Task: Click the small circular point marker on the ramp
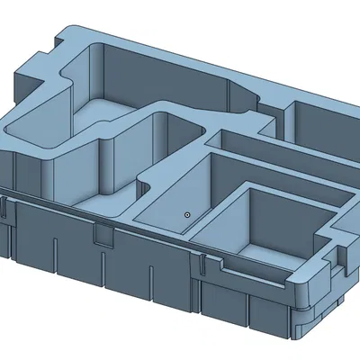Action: (x=186, y=215)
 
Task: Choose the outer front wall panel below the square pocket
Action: (x=243, y=306)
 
